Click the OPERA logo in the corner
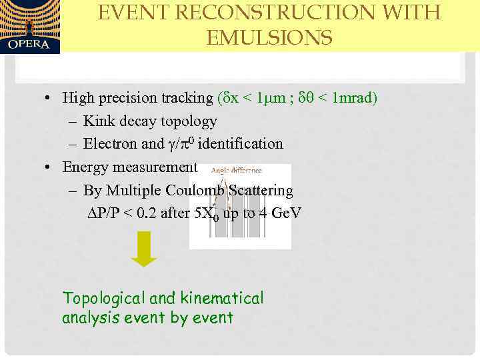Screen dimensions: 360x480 click(30, 27)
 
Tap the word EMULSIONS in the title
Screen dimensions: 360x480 click(269, 39)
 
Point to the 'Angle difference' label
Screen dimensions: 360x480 click(236, 171)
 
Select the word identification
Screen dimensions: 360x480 click(241, 144)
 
